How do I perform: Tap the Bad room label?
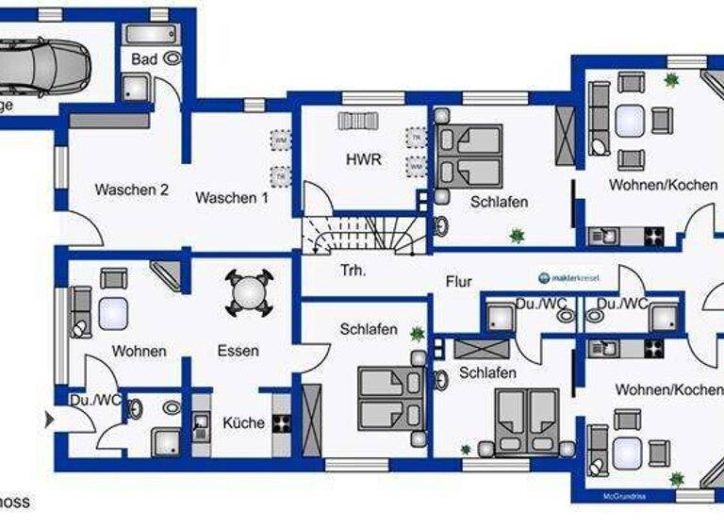tap(144, 59)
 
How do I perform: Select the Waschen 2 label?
tap(131, 190)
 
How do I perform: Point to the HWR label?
tap(363, 159)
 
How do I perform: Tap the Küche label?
tap(243, 422)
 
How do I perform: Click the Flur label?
tap(459, 281)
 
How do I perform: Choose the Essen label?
tap(238, 351)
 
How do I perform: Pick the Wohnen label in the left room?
tap(139, 351)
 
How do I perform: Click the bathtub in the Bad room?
tap(151, 30)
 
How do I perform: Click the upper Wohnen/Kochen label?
tap(663, 185)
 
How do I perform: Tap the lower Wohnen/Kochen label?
tap(669, 388)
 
